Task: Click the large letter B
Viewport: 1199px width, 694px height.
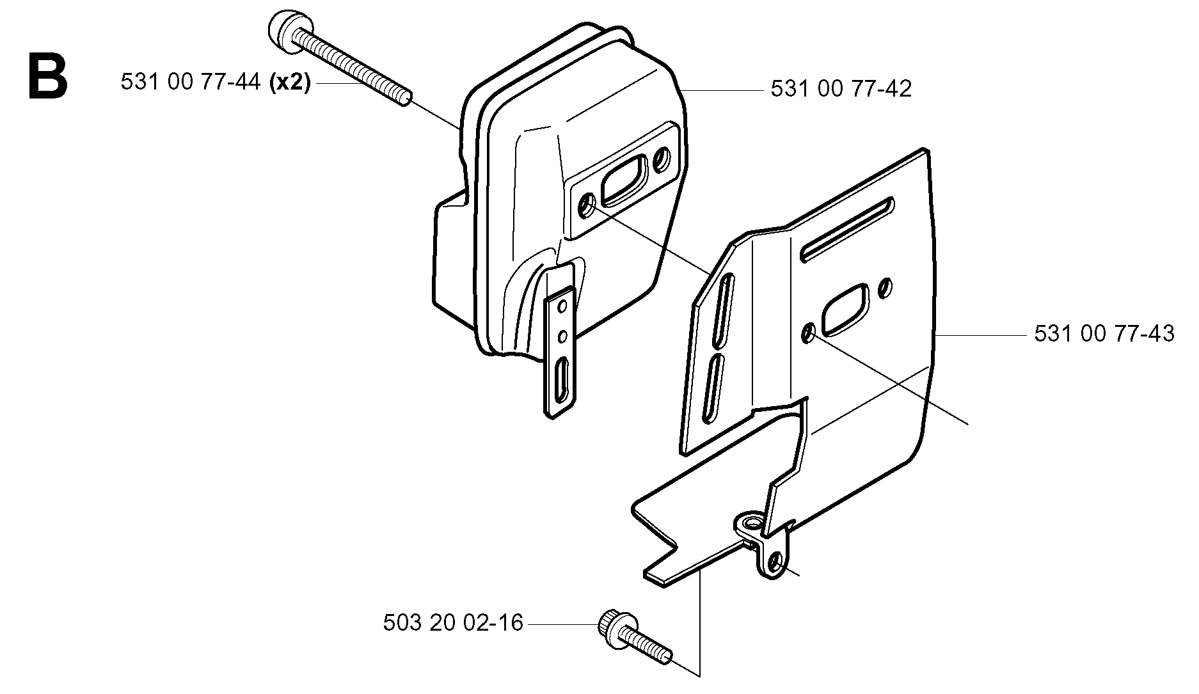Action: point(47,77)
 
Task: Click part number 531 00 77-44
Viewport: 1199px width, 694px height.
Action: point(189,83)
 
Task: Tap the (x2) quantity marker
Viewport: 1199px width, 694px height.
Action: point(290,83)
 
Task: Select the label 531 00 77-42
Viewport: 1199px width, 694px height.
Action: point(841,89)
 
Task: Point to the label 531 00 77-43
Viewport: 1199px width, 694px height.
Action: point(1104,334)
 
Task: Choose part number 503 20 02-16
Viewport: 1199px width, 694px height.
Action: point(453,622)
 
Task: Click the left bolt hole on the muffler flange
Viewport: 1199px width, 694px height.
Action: point(587,206)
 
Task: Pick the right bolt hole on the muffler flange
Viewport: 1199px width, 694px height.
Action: point(662,155)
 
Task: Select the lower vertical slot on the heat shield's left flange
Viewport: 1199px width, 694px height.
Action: point(712,388)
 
